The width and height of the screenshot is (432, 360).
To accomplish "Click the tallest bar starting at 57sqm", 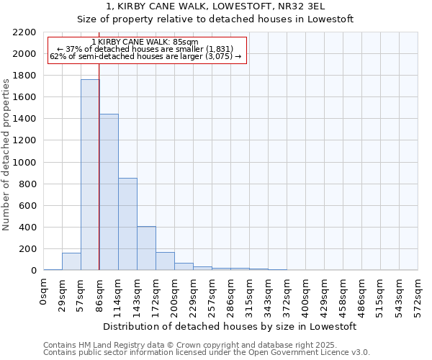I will point(90,175).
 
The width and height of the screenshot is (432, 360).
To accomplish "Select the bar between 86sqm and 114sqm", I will point(109,192).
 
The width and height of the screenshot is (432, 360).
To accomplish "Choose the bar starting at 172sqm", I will point(165,261).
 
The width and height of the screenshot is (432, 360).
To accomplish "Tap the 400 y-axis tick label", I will point(29,228).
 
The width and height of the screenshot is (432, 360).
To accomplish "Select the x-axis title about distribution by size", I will point(230,326).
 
